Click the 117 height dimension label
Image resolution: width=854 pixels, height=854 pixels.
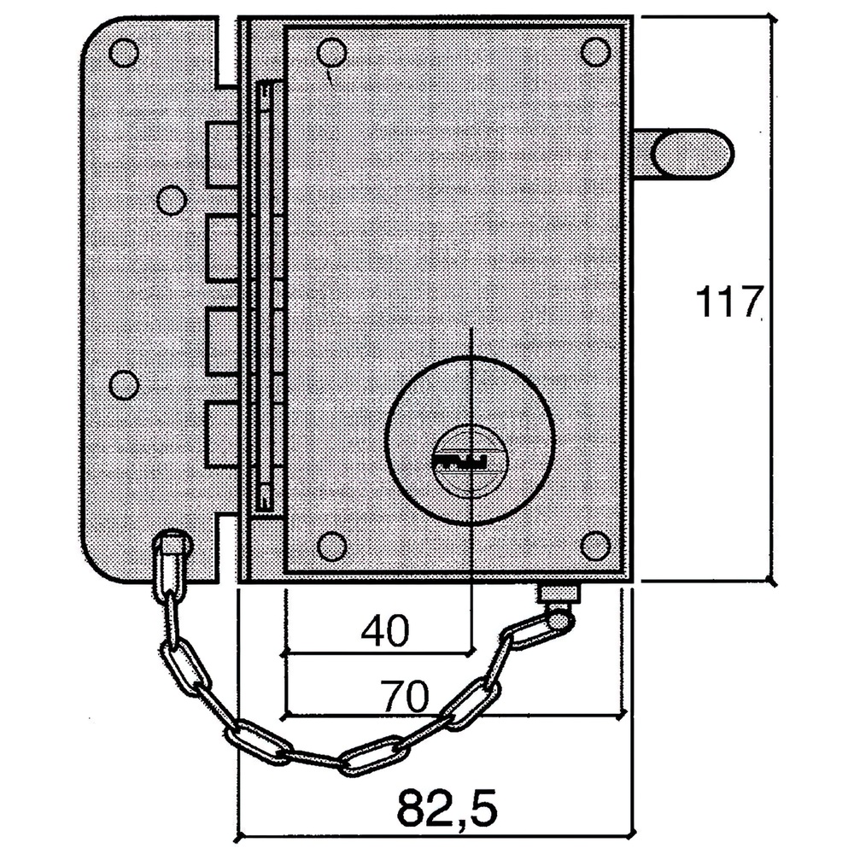point(728,302)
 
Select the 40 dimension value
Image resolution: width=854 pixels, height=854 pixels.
point(385,631)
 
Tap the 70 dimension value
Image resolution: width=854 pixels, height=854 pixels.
point(404,697)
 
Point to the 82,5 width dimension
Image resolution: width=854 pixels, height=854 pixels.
point(447,805)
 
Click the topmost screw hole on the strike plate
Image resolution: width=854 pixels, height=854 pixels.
point(125,53)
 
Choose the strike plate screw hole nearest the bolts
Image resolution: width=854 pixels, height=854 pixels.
point(172,201)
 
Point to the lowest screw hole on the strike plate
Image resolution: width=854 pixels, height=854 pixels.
point(125,385)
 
